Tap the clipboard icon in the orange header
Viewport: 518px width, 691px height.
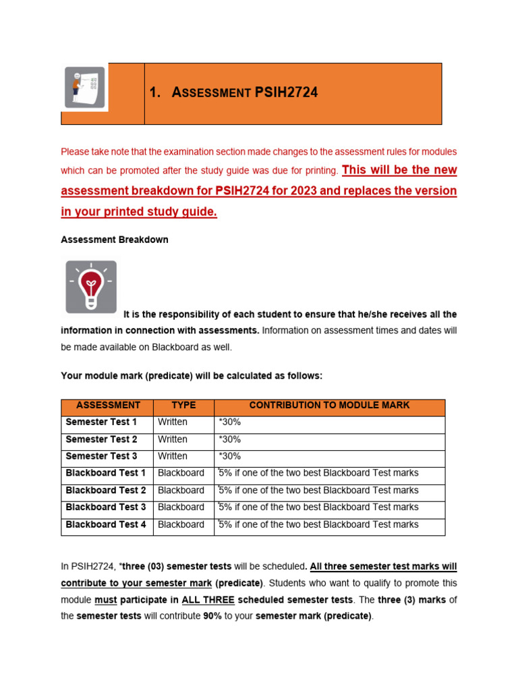[86, 88]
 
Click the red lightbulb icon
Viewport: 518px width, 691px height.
[89, 287]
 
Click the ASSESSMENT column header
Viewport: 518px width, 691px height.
[108, 406]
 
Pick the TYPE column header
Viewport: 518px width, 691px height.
[183, 406]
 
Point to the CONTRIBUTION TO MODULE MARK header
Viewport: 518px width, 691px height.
[329, 406]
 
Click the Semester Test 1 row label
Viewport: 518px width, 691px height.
[101, 422]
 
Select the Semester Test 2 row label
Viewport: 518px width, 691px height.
[101, 439]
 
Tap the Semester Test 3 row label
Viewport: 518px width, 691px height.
[101, 456]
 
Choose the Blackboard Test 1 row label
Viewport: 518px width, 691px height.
[105, 473]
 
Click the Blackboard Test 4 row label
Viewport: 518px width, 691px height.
[105, 524]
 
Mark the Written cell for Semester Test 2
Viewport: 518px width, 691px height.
[173, 439]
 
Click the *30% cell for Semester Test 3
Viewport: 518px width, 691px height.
[229, 456]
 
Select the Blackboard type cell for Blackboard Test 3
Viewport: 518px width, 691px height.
[181, 507]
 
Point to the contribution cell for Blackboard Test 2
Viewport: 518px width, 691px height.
[318, 491]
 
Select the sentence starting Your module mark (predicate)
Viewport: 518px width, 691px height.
[192, 376]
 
